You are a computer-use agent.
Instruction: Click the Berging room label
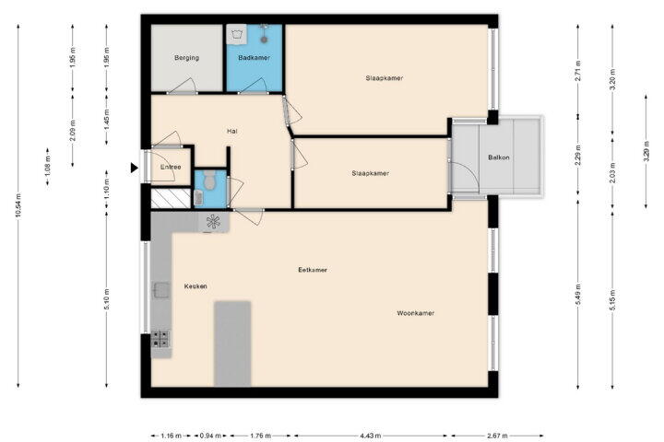click(186, 58)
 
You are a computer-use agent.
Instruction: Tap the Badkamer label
click(255, 58)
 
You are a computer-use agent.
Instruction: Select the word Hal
click(232, 132)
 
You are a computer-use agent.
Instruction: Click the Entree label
click(171, 167)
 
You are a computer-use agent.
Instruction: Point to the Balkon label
click(499, 157)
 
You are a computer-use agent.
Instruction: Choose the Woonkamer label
click(416, 313)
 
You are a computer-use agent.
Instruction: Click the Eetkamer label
click(313, 270)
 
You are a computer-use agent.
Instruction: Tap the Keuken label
click(196, 286)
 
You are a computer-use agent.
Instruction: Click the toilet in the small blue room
click(209, 180)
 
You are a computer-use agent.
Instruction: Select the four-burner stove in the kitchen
click(160, 339)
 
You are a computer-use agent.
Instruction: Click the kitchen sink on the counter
click(161, 290)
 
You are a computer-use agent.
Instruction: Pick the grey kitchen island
click(232, 343)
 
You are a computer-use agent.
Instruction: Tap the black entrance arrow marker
click(135, 168)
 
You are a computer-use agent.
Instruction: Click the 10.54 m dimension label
click(18, 205)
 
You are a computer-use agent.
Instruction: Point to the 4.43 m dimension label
click(371, 436)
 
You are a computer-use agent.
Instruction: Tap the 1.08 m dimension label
click(47, 167)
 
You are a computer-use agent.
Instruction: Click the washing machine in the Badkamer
click(236, 34)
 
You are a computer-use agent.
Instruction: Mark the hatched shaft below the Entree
click(172, 198)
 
